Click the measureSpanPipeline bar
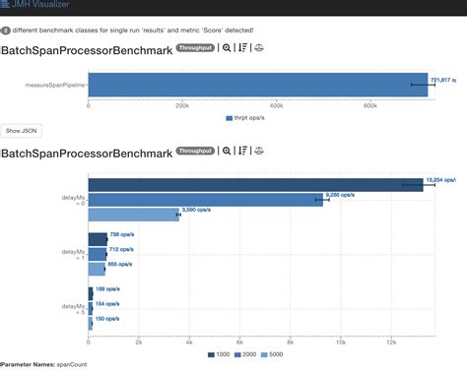click(256, 85)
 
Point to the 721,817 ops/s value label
click(446, 79)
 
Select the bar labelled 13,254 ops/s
click(256, 184)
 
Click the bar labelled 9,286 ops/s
click(207, 199)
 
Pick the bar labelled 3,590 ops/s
click(134, 214)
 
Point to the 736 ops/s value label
click(121, 235)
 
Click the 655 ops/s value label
click(120, 265)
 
